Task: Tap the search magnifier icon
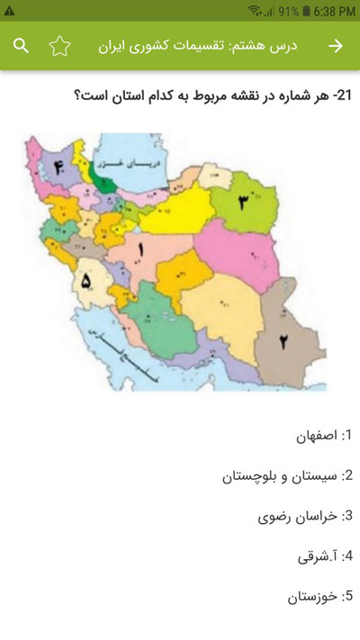point(22,46)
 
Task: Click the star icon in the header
point(59,46)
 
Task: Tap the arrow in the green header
point(337,46)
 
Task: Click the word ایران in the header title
point(112,46)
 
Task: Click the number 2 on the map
point(282,340)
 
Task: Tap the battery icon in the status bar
point(307,10)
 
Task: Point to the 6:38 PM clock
point(334,10)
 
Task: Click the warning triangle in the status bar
point(9,10)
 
